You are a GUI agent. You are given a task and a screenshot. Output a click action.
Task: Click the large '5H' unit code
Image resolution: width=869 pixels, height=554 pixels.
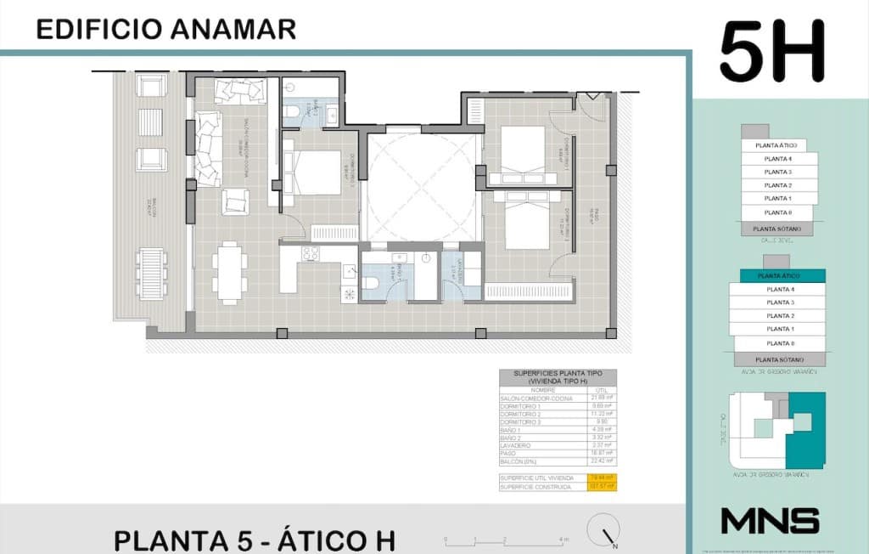[772, 53]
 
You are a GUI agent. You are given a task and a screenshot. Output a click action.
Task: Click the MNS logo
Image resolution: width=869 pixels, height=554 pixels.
[770, 521]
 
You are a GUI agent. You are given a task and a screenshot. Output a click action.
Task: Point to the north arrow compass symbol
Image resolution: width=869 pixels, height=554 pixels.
[608, 537]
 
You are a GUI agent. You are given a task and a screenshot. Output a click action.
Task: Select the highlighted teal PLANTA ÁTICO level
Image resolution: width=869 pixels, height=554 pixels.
[778, 276]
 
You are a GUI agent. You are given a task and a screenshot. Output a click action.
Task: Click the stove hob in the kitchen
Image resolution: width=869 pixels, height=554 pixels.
[310, 253]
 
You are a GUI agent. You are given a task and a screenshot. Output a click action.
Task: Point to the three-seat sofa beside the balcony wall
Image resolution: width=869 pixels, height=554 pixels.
[207, 150]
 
